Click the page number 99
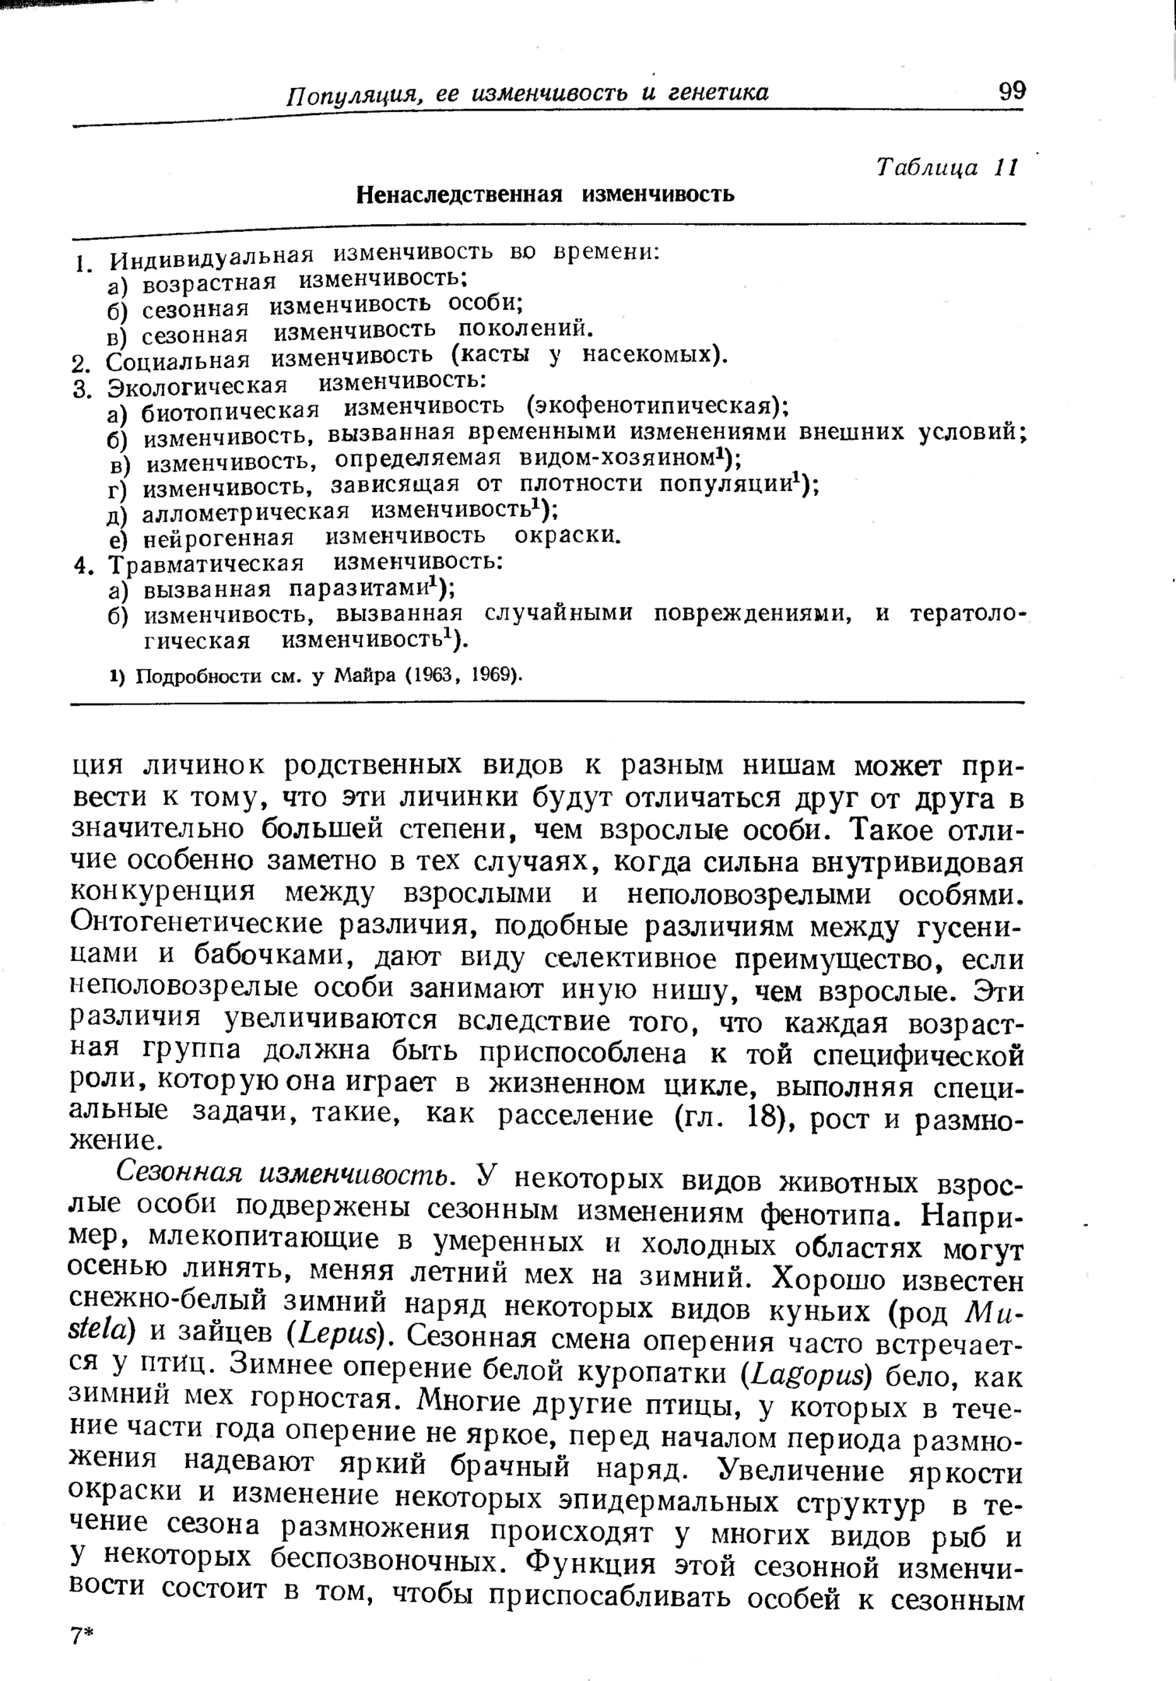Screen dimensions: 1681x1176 pos(1012,91)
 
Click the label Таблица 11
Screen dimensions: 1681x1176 pos(946,167)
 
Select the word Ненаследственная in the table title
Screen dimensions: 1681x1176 pos(459,194)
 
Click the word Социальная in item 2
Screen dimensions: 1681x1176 pos(178,361)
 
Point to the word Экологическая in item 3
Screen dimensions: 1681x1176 pos(198,385)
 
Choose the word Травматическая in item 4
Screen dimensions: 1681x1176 pos(205,563)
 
